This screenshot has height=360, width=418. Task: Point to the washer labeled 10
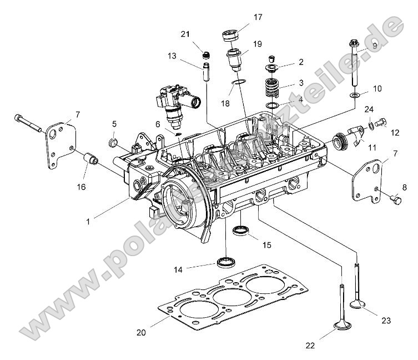[355, 95]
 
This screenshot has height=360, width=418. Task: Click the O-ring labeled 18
[238, 83]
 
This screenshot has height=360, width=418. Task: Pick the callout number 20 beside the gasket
[142, 332]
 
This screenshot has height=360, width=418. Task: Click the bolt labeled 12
[380, 123]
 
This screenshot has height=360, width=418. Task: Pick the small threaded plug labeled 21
[205, 54]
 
